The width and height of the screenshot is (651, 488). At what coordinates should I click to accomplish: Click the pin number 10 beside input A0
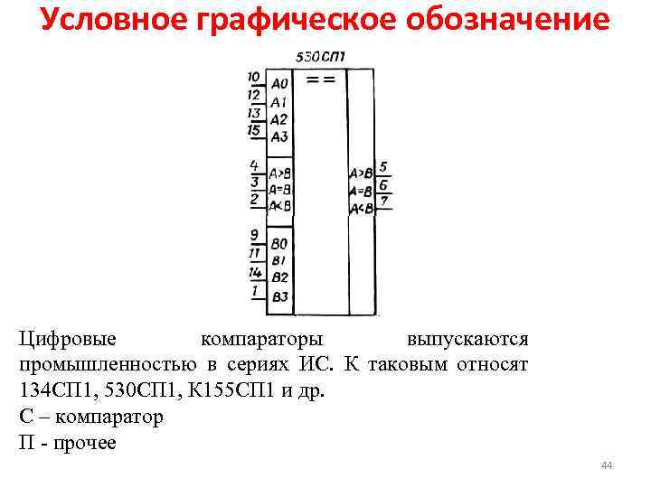254,77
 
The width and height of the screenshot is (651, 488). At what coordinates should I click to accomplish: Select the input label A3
278,137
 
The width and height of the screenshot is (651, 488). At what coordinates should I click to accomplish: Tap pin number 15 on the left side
254,130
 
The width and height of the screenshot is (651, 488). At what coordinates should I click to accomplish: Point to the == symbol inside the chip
321,80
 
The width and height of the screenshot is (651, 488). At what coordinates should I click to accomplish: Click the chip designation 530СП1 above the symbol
324,57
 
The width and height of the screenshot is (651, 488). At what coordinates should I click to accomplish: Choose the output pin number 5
384,167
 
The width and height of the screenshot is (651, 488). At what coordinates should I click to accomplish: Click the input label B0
279,244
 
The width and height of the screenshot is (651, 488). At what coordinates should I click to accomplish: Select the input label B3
279,296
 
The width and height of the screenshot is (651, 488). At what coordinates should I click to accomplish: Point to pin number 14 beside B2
255,272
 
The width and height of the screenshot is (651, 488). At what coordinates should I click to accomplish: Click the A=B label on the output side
361,191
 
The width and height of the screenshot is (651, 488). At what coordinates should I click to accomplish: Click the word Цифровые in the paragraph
68,339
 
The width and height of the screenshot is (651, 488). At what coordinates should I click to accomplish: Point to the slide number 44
606,465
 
